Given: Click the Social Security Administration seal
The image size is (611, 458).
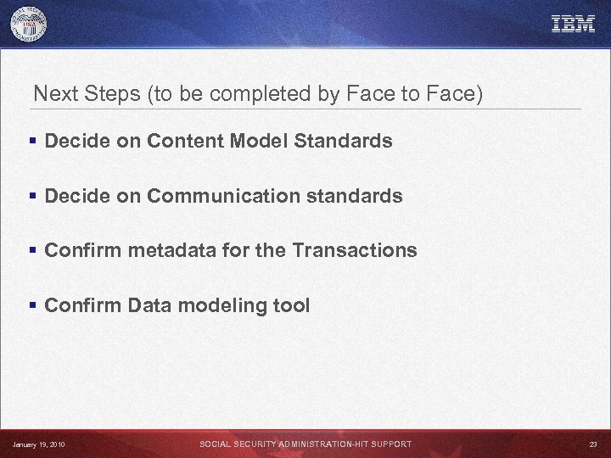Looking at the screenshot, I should [29, 25].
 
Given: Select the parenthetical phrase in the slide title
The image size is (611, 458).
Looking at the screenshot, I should [315, 94].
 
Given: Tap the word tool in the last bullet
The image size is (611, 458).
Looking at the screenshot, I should [291, 305].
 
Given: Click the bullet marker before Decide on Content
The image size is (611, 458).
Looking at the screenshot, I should [33, 142].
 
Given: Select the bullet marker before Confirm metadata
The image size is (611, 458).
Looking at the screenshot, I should [33, 251].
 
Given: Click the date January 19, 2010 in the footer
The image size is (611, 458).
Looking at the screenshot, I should [39, 444].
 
